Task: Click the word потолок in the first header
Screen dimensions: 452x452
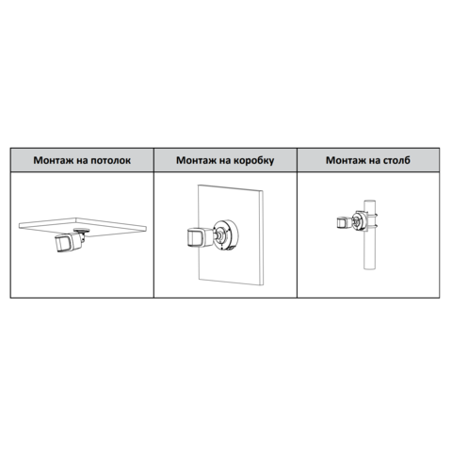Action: coord(110,160)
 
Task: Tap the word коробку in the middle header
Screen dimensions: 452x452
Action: coord(253,160)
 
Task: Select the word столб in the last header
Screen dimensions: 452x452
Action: coord(396,160)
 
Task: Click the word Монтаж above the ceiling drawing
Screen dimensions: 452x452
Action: coord(54,160)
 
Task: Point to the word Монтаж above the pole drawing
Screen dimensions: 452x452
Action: coord(346,160)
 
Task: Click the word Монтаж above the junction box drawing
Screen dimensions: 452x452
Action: coord(196,160)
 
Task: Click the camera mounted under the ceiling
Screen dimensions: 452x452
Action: coord(70,241)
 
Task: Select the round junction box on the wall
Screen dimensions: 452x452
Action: coord(226,234)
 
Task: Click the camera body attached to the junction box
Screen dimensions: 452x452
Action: coord(200,237)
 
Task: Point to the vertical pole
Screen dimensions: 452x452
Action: coord(370,234)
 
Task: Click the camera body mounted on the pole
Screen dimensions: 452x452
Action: coord(344,222)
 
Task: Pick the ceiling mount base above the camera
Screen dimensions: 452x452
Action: coord(81,231)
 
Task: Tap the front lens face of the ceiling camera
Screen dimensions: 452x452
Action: coord(63,245)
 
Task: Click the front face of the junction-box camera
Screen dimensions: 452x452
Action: coord(195,238)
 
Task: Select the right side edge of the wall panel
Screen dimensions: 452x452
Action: coord(262,238)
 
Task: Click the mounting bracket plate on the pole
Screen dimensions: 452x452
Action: coord(360,221)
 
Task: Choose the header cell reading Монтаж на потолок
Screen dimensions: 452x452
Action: coord(82,160)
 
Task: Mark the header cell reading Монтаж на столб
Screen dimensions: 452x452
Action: coord(368,160)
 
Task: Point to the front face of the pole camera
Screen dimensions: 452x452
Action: coord(341,223)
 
